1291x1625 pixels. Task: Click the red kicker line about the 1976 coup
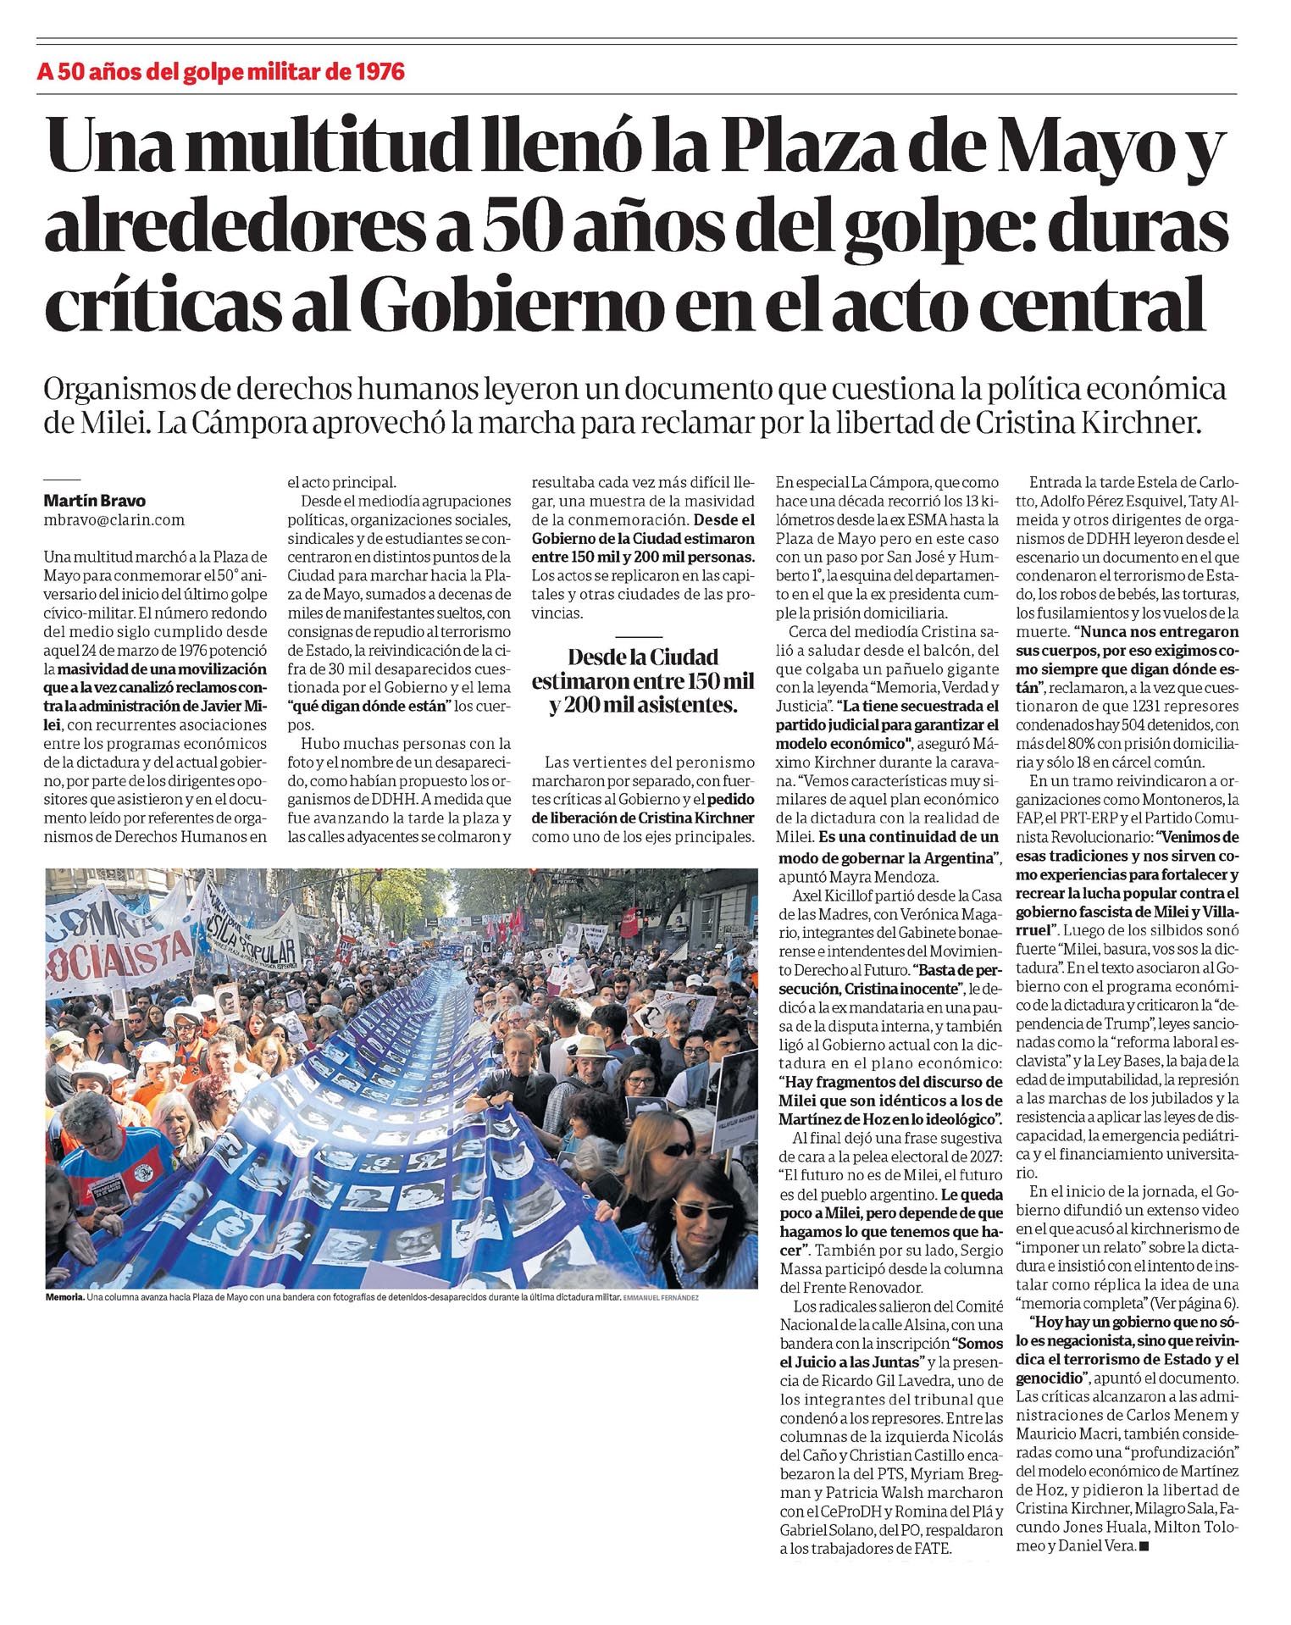221,71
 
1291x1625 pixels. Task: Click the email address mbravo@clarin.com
114,520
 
